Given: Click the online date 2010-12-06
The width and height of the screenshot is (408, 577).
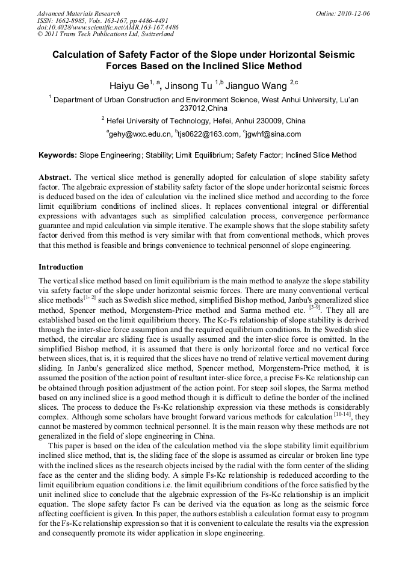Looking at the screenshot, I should (356, 13).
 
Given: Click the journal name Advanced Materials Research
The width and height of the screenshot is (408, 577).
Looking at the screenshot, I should (78, 13).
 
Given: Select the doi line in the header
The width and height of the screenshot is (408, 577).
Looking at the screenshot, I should (108, 28).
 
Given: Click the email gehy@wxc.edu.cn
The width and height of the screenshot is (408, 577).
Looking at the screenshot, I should (139, 134).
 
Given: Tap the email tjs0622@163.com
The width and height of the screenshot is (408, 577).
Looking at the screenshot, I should (208, 134).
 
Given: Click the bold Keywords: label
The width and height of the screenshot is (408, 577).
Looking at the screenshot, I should (58, 155).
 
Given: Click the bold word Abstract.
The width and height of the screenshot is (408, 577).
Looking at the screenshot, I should (55, 178).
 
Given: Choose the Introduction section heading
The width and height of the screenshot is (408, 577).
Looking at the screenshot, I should (61, 267).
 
